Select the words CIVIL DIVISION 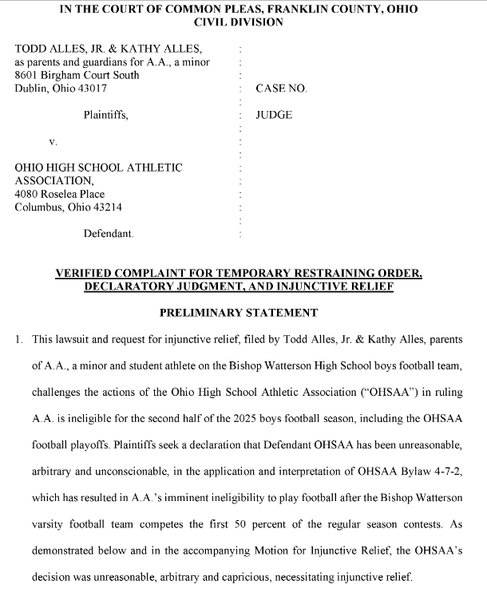coord(239,22)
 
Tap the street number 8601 coord(29,75)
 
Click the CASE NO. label coord(281,89)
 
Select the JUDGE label coord(274,115)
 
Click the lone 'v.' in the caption coord(53,141)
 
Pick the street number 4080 coord(29,194)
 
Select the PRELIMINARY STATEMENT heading coord(239,313)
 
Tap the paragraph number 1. coord(18,339)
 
